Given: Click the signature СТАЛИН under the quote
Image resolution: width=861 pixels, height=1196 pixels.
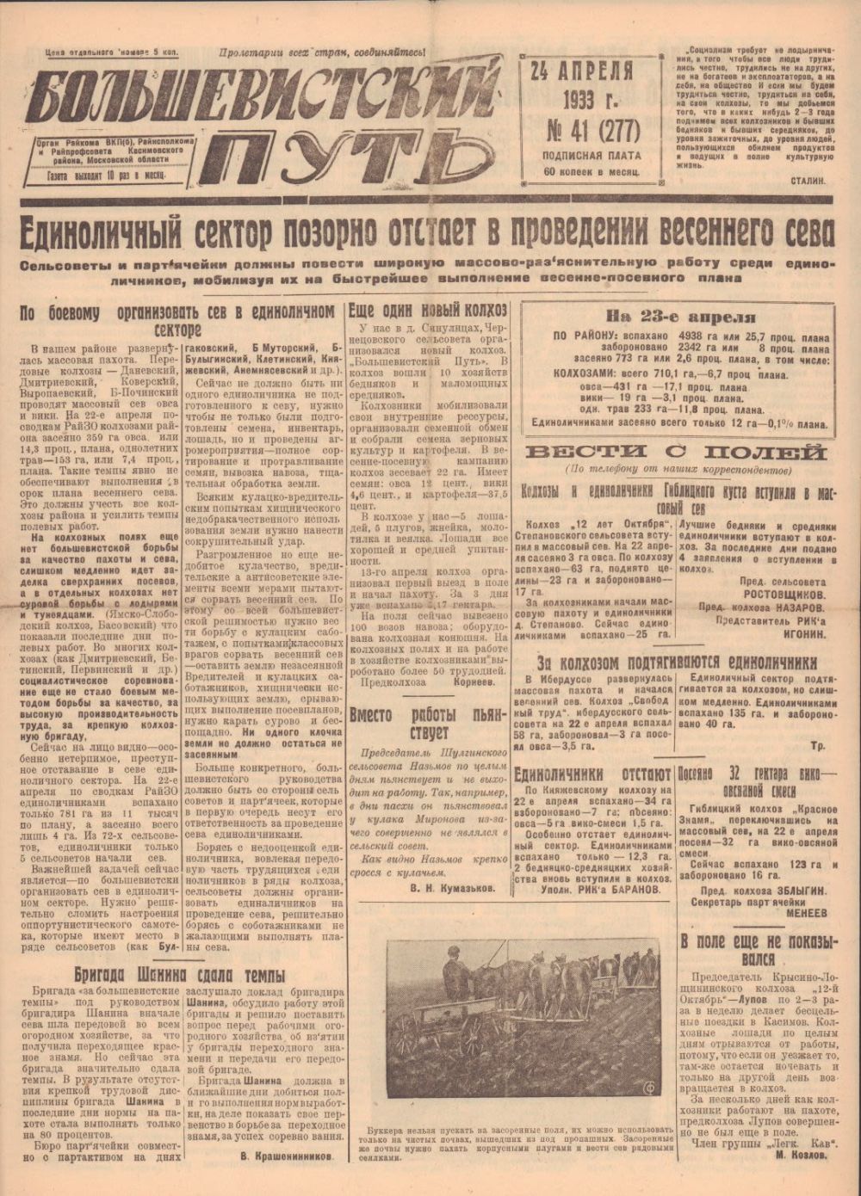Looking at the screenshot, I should [x=807, y=180].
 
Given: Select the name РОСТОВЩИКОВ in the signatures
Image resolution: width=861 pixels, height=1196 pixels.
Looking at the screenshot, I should [x=784, y=595].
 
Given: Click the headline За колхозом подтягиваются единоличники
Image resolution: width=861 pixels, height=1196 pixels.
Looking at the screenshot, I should [x=676, y=663].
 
